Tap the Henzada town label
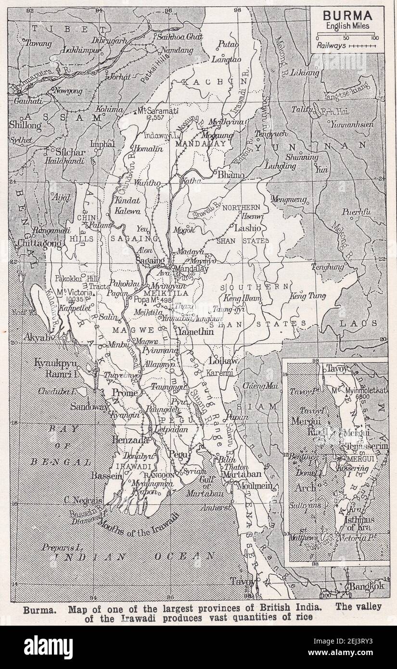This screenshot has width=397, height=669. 128,440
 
